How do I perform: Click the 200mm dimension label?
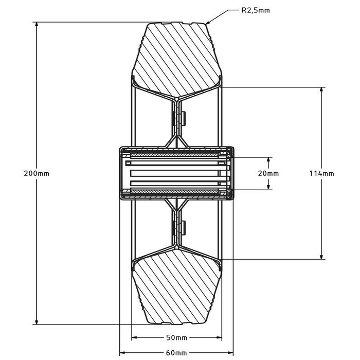click(x=37, y=173)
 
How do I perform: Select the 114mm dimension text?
click(x=322, y=173)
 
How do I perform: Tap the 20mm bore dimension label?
click(x=268, y=173)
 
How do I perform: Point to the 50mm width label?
click(x=177, y=337)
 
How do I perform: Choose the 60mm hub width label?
click(x=177, y=353)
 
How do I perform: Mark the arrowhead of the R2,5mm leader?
click(x=207, y=23)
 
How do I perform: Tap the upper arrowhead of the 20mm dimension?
click(x=268, y=159)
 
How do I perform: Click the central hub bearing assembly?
click(x=176, y=173)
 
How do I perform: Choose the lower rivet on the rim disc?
click(x=183, y=227)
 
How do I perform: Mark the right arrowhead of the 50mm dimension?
click(x=220, y=338)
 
